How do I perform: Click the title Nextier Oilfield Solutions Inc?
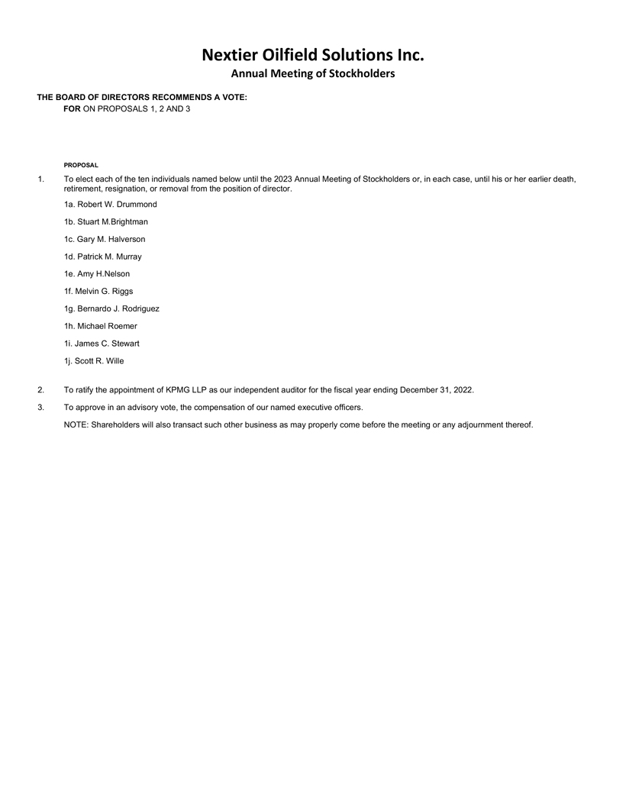312,55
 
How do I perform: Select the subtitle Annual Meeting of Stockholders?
312,74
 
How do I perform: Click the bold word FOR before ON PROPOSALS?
72,109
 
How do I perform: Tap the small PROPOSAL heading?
81,165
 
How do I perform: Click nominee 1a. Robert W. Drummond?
110,205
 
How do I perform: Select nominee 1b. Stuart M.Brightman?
105,221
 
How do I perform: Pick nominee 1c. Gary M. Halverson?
105,239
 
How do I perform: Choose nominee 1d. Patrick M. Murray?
102,257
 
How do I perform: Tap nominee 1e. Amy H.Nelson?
97,274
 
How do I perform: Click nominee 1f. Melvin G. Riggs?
98,291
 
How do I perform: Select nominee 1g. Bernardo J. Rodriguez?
111,308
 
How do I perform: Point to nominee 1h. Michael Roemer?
101,326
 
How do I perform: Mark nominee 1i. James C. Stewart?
102,344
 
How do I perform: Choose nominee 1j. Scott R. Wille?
94,361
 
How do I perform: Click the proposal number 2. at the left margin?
40,390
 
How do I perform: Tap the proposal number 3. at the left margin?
40,408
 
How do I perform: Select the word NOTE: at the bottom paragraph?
76,424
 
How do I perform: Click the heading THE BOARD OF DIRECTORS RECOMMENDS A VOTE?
142,98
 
